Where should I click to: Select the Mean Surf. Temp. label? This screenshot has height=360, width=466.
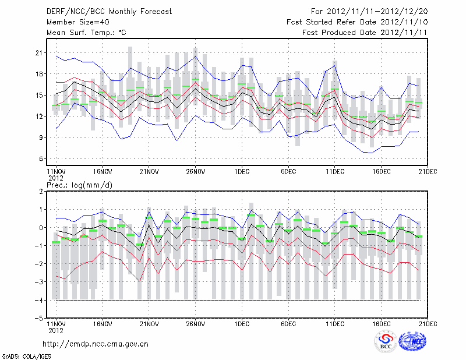point(86,33)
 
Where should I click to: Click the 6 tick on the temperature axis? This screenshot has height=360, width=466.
point(40,158)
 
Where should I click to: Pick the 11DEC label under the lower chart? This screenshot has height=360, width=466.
point(335,323)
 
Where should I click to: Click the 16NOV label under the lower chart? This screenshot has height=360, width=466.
point(102,323)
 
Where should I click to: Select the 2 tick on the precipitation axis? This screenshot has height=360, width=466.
point(40,191)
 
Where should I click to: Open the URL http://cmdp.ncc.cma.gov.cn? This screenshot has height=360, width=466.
point(95,344)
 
